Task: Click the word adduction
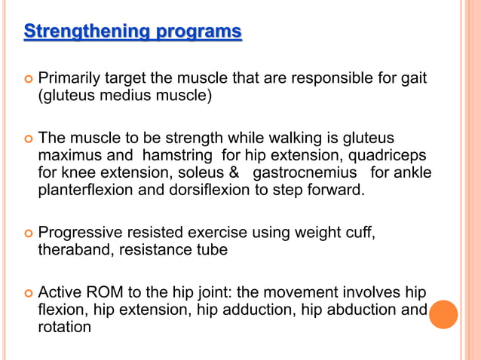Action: [237, 310]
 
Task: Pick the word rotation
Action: [65, 328]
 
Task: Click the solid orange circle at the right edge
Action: [444, 314]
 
